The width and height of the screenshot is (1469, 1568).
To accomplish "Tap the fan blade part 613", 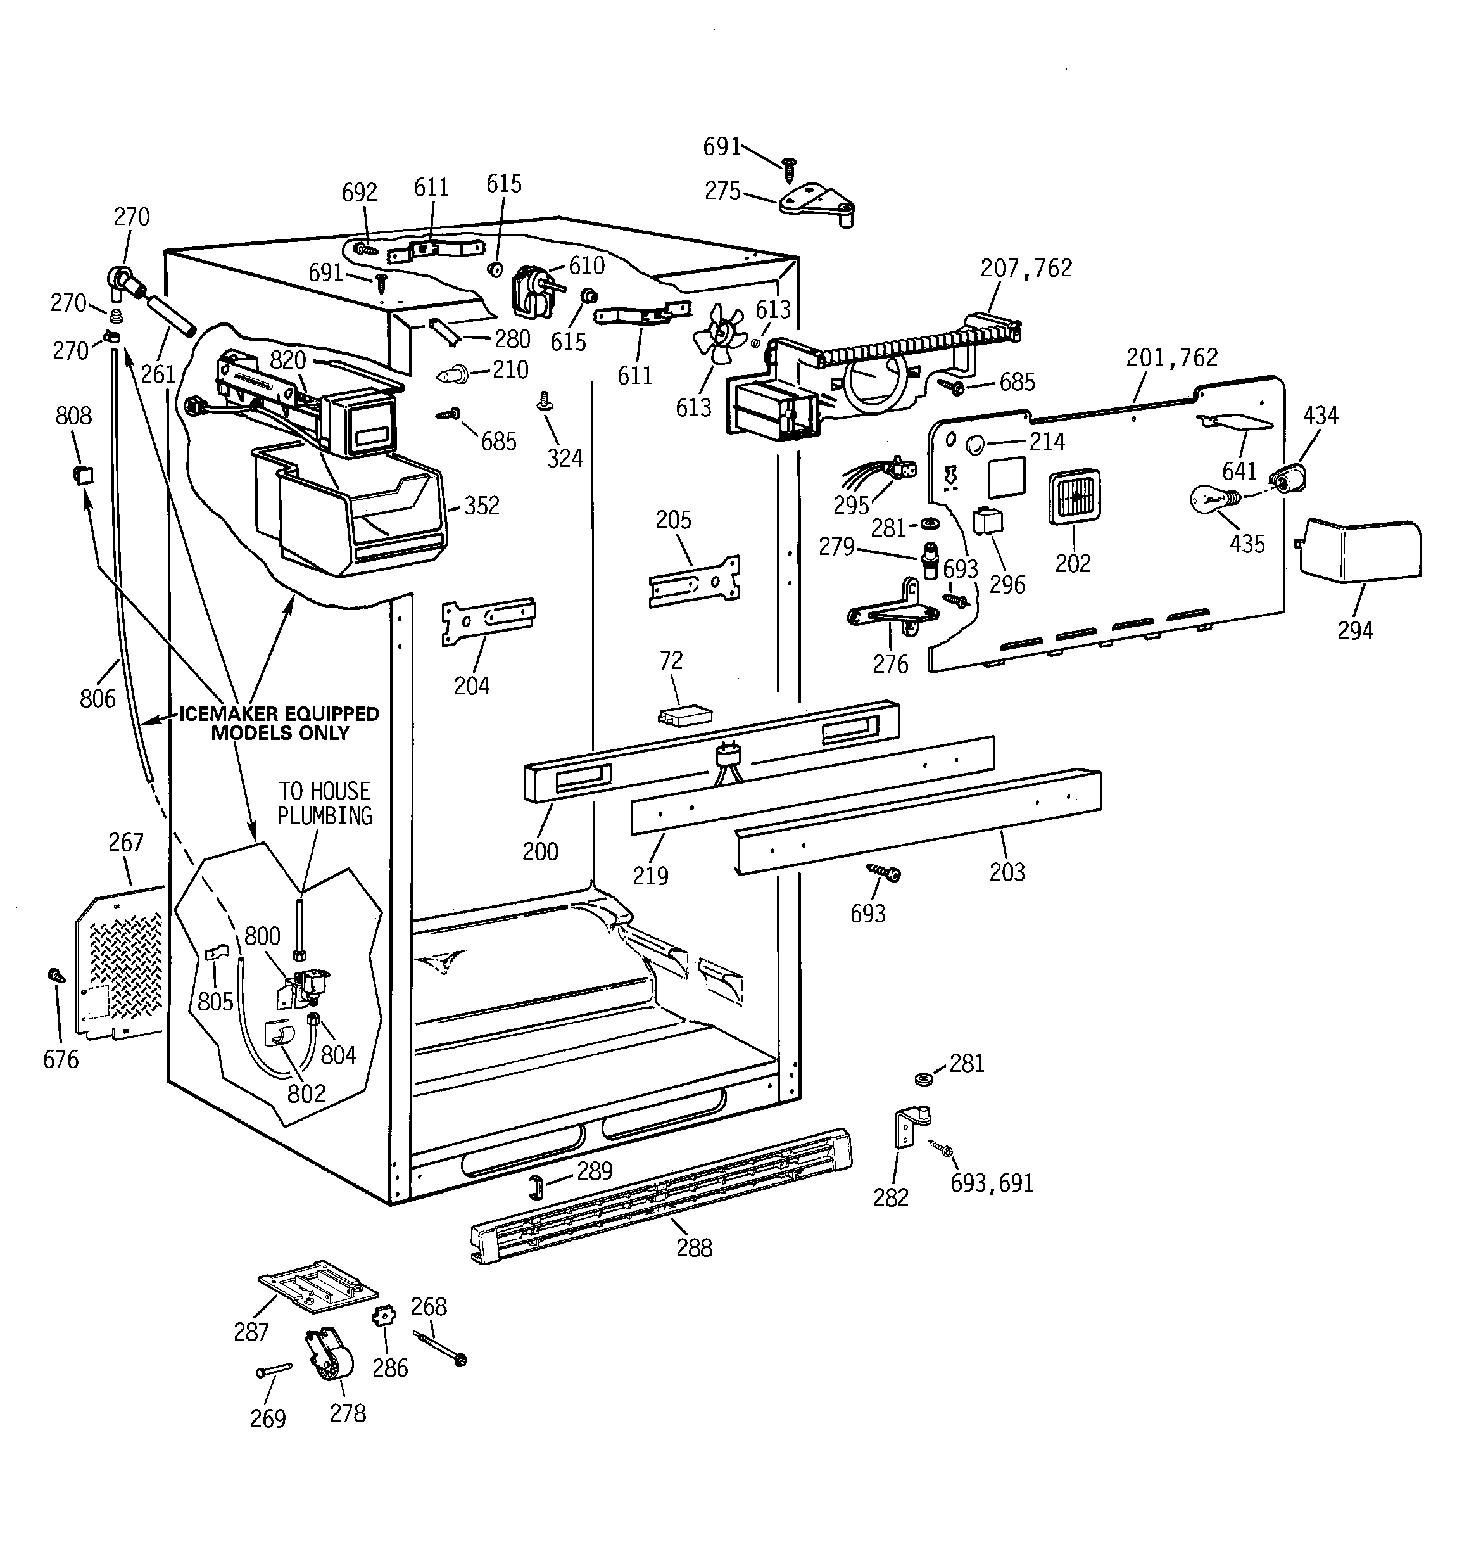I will (717, 335).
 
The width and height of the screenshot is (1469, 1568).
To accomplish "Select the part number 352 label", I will (482, 506).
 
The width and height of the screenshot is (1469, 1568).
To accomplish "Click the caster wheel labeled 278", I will (330, 1354).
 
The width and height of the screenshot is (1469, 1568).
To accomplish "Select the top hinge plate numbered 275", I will (816, 203).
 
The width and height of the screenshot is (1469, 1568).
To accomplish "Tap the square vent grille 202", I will (1074, 497).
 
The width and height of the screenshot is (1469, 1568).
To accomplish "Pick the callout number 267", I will (126, 843).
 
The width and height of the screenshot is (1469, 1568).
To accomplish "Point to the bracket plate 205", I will (694, 582).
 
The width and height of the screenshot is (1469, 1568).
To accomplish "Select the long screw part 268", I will (438, 1348).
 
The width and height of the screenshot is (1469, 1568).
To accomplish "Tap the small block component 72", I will (685, 716).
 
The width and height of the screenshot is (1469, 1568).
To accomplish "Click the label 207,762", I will (1026, 268).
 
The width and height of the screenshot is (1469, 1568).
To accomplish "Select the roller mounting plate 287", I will (318, 1285).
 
